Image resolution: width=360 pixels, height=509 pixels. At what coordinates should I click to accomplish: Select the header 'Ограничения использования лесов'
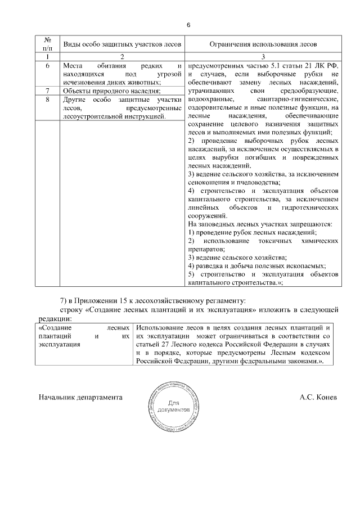point(263,43)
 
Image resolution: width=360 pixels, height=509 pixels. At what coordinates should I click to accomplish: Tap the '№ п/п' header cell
point(48,43)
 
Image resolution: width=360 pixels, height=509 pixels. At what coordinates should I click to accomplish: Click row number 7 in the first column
point(48,91)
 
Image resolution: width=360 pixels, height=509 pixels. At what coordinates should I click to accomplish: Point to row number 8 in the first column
point(48,100)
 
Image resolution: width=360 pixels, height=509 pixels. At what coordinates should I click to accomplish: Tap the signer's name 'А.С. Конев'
point(318,397)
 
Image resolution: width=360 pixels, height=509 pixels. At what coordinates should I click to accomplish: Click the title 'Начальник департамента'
point(80,397)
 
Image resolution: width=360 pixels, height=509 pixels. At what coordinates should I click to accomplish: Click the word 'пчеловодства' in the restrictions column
point(255,183)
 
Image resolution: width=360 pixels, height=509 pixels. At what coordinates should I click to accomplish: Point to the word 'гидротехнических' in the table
point(308,208)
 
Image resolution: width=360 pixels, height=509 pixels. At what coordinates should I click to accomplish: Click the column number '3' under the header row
point(263,57)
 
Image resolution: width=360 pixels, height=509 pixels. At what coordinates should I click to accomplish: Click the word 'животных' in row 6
point(143,82)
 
